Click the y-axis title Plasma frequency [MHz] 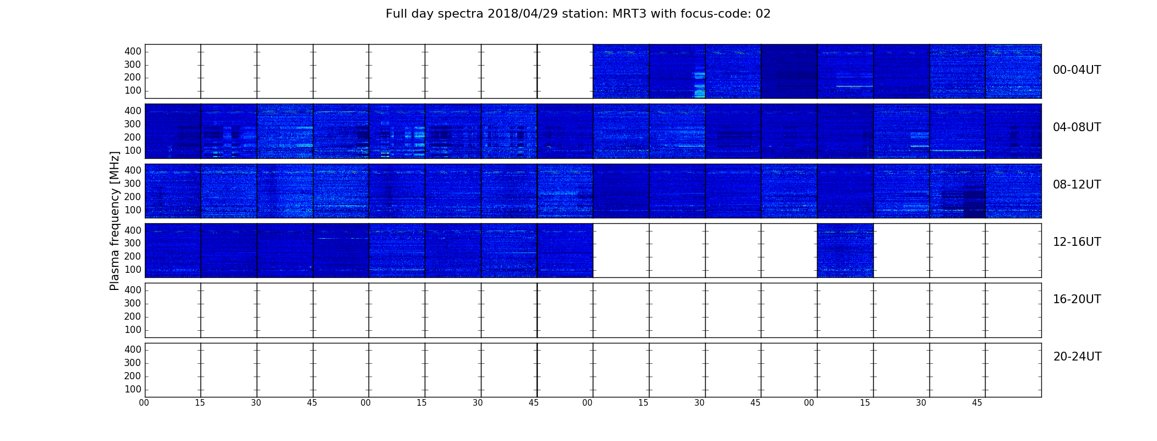[x=115, y=220]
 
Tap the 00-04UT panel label [x=1077, y=70]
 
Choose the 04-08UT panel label [x=1077, y=127]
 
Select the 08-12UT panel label [x=1077, y=185]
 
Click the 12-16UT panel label [x=1077, y=242]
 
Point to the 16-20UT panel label [x=1077, y=299]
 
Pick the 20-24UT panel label [x=1077, y=357]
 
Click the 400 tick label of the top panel [x=133, y=51]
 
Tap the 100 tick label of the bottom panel [x=133, y=389]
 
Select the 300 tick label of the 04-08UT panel [x=133, y=124]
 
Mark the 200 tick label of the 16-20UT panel [x=133, y=316]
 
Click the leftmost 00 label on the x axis [x=144, y=403]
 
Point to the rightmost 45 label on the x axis [x=977, y=403]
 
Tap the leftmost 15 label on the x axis [x=200, y=403]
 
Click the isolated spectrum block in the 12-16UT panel [x=845, y=250]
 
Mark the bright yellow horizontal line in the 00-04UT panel [x=855, y=86]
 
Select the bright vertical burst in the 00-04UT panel [x=700, y=83]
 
